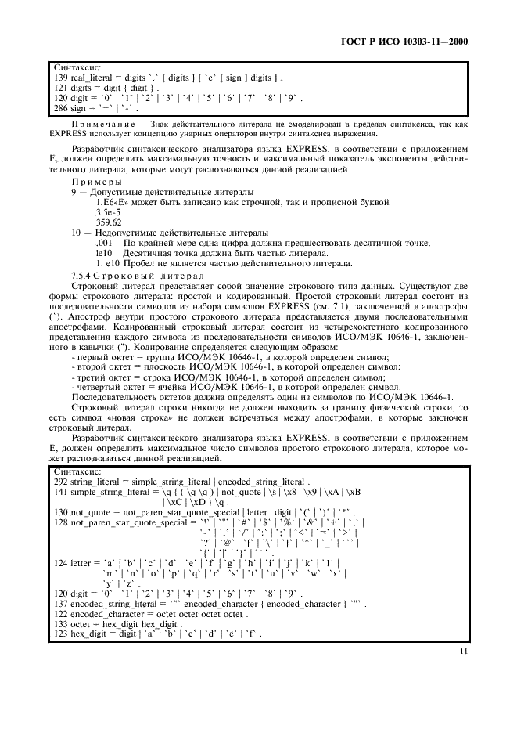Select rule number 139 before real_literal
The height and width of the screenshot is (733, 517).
59,79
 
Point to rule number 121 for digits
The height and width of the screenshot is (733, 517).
59,89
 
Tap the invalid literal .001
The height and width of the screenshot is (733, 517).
102,243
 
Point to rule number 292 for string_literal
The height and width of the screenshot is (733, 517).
59,483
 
